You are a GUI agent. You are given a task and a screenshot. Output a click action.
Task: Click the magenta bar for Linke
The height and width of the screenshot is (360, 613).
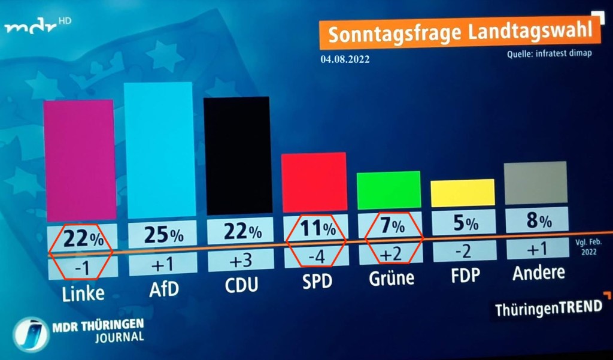[x=79, y=160]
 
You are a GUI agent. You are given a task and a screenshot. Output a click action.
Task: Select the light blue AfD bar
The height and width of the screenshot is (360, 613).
[x=159, y=150]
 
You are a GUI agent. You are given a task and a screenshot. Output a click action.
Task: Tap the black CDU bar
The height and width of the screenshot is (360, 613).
[x=238, y=156]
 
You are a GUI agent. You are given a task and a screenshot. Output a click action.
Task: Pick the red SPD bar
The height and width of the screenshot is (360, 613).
[x=315, y=182]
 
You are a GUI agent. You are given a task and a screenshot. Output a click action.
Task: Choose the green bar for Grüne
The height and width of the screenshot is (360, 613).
[x=389, y=190]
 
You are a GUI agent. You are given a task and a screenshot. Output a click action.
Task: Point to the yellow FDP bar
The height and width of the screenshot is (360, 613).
[x=463, y=192]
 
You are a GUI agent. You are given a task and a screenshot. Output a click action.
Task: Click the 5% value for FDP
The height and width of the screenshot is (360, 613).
[x=464, y=224]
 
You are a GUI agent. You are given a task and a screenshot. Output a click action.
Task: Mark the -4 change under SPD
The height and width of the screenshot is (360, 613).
[x=316, y=256]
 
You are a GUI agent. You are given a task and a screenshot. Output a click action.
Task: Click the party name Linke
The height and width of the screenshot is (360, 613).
[x=83, y=292]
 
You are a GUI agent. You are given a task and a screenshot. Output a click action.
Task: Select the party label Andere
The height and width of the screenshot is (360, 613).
[x=538, y=273]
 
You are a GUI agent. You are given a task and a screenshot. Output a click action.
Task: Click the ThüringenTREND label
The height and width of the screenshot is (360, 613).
[x=548, y=308]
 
